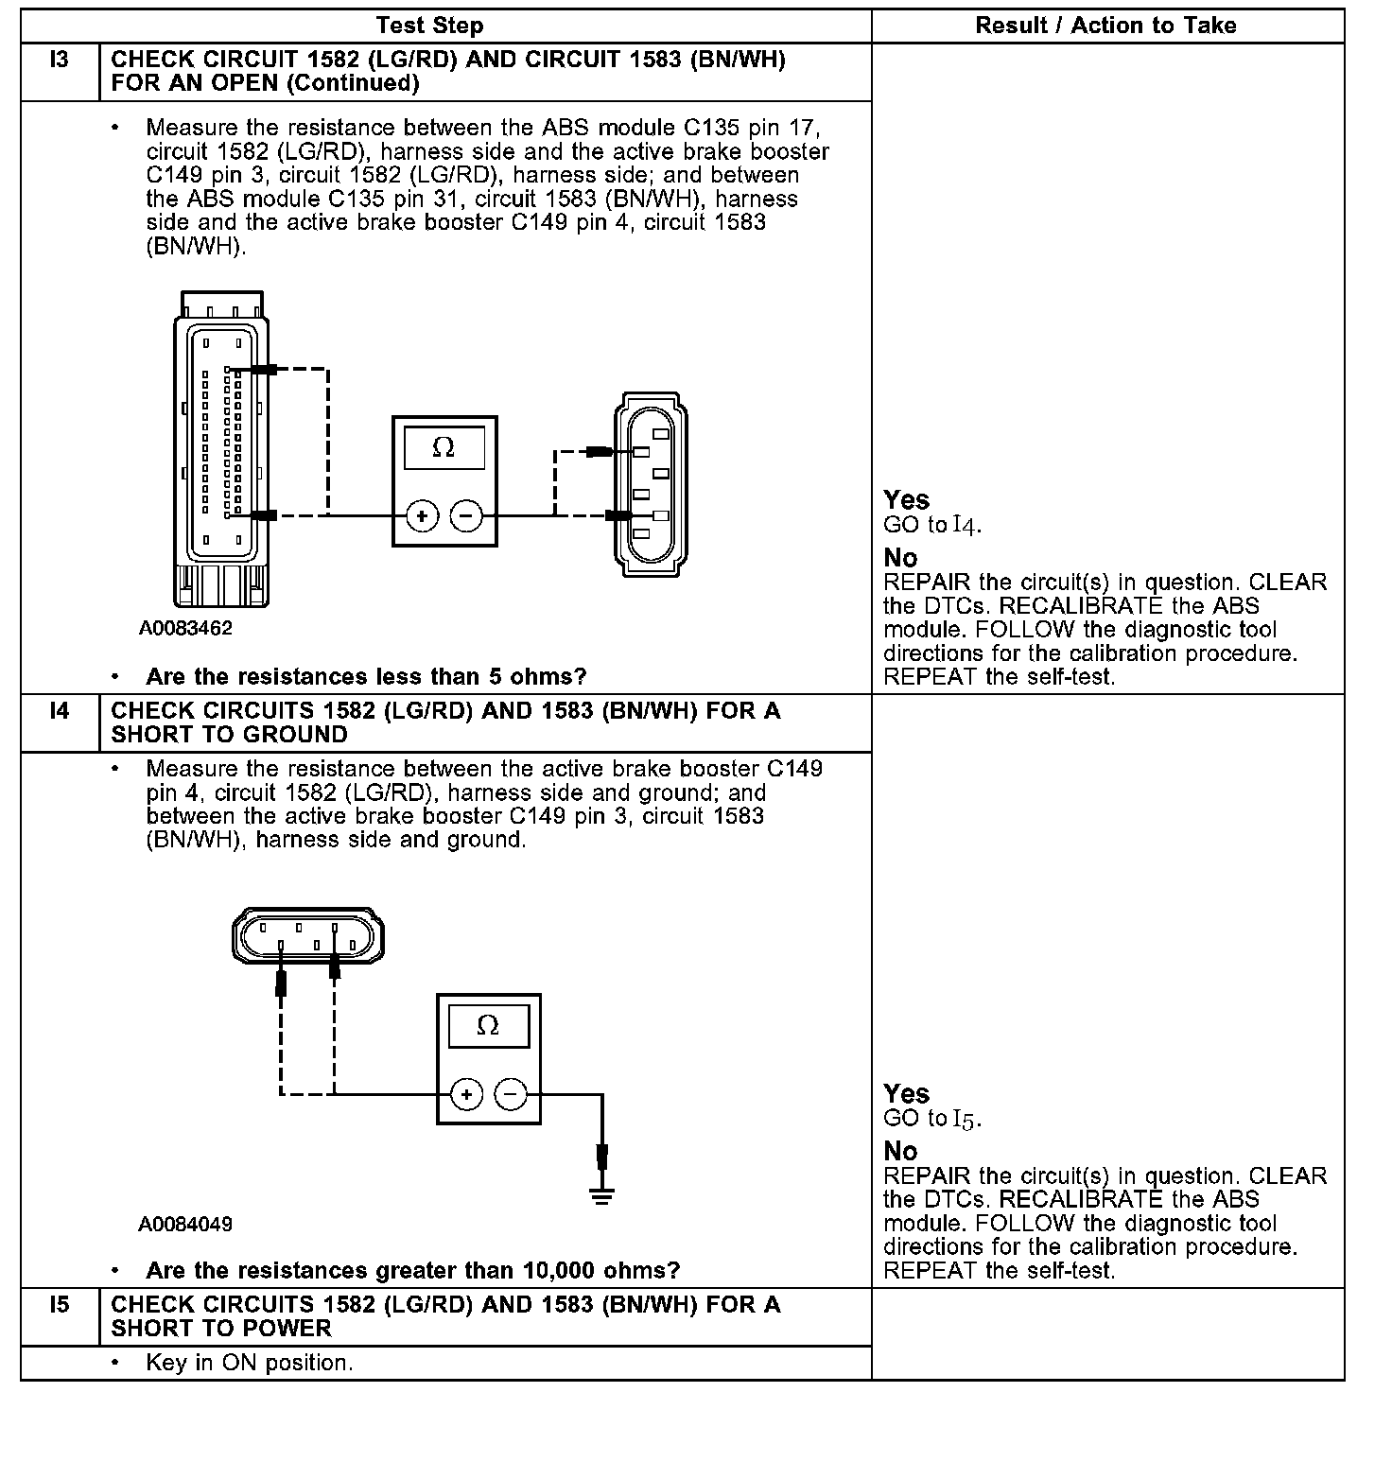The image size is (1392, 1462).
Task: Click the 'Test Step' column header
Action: (x=429, y=26)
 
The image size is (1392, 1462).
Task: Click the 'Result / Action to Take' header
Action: (x=1105, y=26)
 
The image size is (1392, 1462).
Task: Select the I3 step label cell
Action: (x=59, y=61)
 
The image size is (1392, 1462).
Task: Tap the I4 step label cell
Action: (x=59, y=711)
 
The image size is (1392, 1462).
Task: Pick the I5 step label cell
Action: (x=59, y=1305)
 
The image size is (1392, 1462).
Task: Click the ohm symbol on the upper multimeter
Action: (x=444, y=447)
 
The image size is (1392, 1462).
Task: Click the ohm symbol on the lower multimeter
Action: (x=488, y=1026)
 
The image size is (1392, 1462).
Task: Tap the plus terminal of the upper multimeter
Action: (x=423, y=516)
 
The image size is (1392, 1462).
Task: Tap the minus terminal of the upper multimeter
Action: (x=466, y=516)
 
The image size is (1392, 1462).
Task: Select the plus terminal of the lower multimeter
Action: (x=466, y=1095)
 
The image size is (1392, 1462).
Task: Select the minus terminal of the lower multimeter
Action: (x=511, y=1095)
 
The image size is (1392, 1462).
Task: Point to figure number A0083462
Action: (x=185, y=628)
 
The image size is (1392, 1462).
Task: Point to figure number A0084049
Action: (x=185, y=1225)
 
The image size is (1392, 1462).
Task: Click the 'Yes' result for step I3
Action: (x=906, y=499)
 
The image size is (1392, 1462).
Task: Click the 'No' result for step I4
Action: (x=900, y=1151)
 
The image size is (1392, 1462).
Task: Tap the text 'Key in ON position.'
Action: (x=250, y=1363)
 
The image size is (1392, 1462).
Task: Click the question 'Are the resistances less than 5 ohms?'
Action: (x=366, y=677)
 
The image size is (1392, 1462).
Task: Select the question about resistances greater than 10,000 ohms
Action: (x=412, y=1270)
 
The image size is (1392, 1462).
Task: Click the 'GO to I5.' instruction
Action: (x=932, y=1119)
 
